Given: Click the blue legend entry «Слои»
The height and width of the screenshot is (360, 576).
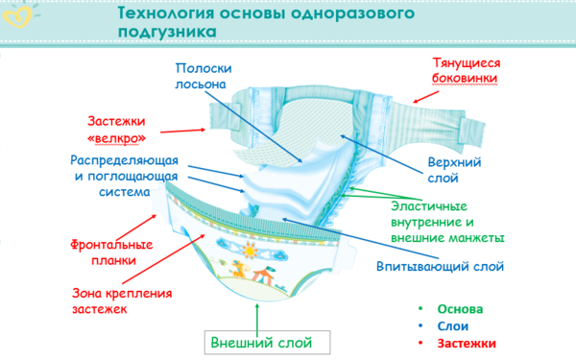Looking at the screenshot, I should [452, 326].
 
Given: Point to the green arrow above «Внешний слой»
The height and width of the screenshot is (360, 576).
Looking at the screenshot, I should [256, 316].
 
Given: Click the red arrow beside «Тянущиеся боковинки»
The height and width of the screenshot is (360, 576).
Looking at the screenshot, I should [428, 94].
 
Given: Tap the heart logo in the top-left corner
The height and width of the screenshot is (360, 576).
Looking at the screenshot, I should [16, 16].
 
